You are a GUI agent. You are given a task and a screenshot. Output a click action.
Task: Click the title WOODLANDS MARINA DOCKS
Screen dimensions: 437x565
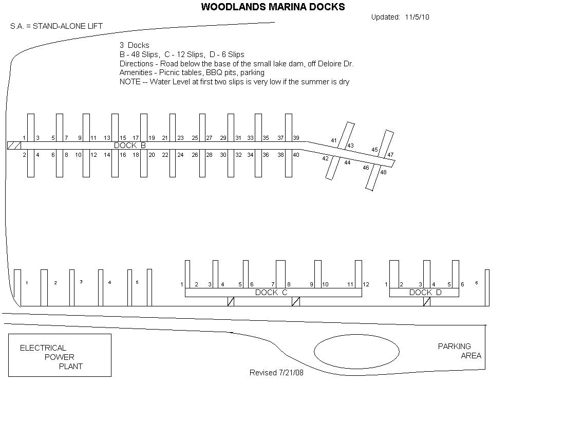[273, 7]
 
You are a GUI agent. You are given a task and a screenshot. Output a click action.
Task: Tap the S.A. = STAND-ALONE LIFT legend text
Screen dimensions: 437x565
[56, 26]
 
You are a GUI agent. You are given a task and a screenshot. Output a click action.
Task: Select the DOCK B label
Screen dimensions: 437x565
[129, 145]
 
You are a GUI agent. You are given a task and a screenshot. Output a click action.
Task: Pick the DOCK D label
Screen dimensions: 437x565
[425, 293]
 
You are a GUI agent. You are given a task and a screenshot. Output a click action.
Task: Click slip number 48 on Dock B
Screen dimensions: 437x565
[383, 172]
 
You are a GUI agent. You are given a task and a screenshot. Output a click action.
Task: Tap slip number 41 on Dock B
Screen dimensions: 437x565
[334, 140]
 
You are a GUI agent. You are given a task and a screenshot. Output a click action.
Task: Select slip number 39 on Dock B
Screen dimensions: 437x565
[296, 138]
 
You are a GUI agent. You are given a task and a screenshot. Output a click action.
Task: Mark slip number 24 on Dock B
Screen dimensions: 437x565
[180, 155]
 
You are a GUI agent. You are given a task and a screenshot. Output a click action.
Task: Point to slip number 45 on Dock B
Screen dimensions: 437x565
[375, 150]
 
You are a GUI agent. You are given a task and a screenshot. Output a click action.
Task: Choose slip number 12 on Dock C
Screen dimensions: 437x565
[366, 284]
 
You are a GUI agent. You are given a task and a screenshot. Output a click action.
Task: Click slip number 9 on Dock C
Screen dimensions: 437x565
[311, 284]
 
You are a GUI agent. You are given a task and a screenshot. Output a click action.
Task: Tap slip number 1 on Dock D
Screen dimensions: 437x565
[386, 284]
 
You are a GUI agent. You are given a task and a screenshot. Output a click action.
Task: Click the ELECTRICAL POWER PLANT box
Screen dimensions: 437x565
[60, 355]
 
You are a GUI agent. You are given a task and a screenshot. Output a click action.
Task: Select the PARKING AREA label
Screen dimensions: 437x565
[460, 351]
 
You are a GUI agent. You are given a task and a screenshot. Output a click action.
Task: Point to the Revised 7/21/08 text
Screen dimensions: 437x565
[276, 372]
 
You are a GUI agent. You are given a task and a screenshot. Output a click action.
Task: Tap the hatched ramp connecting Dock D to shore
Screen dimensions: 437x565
[427, 301]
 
